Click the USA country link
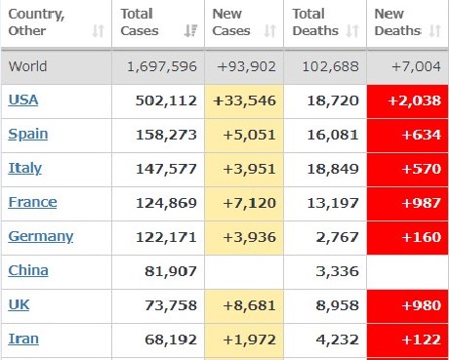pyautogui.click(x=23, y=100)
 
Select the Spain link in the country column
pyautogui.click(x=28, y=135)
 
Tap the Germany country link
pyautogui.click(x=41, y=236)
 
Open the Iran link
pyautogui.click(x=23, y=339)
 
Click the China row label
pyautogui.click(x=28, y=270)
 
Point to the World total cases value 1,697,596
pyautogui.click(x=162, y=66)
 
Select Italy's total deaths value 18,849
pyautogui.click(x=333, y=169)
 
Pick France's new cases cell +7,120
pyautogui.click(x=250, y=203)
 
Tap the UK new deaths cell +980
pyautogui.click(x=422, y=305)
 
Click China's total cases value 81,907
pyautogui.click(x=171, y=271)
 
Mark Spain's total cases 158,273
pyautogui.click(x=166, y=135)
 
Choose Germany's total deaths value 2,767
pyautogui.click(x=338, y=237)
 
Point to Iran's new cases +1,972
pyautogui.click(x=250, y=340)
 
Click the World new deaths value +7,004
pyautogui.click(x=417, y=66)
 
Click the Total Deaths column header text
pyautogui.click(x=315, y=22)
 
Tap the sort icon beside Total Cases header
pyautogui.click(x=190, y=31)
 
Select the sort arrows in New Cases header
pyautogui.click(x=270, y=31)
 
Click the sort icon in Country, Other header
pyautogui.click(x=98, y=31)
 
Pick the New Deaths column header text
pyautogui.click(x=398, y=22)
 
